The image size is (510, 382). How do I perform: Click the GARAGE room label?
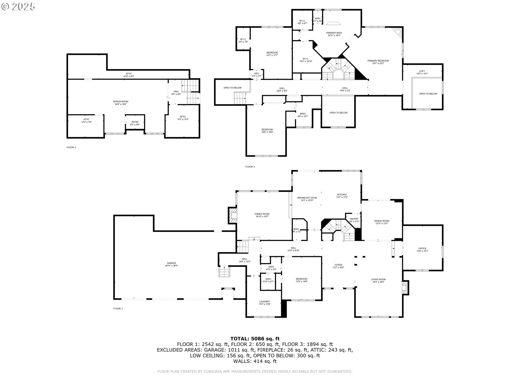click(x=171, y=263)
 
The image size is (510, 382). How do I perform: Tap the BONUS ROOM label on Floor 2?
click(x=121, y=102)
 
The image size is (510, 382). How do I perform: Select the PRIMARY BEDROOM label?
click(x=378, y=61)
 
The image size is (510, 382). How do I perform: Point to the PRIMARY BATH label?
click(x=334, y=33)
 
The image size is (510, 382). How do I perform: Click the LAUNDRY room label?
click(x=265, y=301)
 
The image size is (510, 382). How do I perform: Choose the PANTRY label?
click(x=354, y=219)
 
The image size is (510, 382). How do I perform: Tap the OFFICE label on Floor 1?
click(x=422, y=249)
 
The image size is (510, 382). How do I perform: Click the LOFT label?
click(x=422, y=71)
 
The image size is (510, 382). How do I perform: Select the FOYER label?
click(x=338, y=265)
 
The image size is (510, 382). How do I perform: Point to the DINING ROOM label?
click(x=382, y=221)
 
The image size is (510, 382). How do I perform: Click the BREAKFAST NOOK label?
click(x=307, y=198)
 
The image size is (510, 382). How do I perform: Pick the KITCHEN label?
click(x=342, y=195)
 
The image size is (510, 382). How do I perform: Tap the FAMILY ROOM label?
click(x=262, y=214)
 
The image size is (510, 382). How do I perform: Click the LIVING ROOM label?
click(x=378, y=279)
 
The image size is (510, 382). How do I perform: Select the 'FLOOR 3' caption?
click(x=250, y=167)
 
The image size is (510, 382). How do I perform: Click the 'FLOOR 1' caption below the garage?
click(x=118, y=309)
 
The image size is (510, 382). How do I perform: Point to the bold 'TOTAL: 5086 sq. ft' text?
click(x=255, y=338)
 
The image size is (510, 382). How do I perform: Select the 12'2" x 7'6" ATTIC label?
click(x=86, y=119)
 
